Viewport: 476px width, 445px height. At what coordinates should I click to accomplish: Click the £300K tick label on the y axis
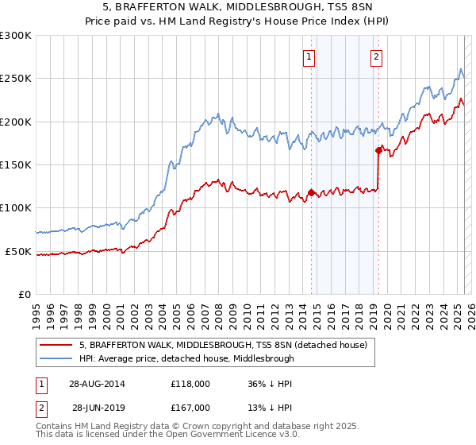[16, 36]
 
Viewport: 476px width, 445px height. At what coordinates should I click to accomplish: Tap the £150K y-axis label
[16, 164]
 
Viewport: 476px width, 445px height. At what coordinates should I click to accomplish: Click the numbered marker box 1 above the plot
[309, 56]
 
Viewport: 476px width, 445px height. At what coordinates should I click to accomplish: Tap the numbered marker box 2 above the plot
[376, 56]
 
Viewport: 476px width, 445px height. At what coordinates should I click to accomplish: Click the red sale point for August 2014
[311, 192]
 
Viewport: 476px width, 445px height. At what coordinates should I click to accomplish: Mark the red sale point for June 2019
[378, 149]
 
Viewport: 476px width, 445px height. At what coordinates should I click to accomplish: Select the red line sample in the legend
[56, 346]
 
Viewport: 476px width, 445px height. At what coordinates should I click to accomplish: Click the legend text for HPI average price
[186, 358]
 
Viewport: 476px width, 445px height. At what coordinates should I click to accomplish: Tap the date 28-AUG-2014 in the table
[98, 383]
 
